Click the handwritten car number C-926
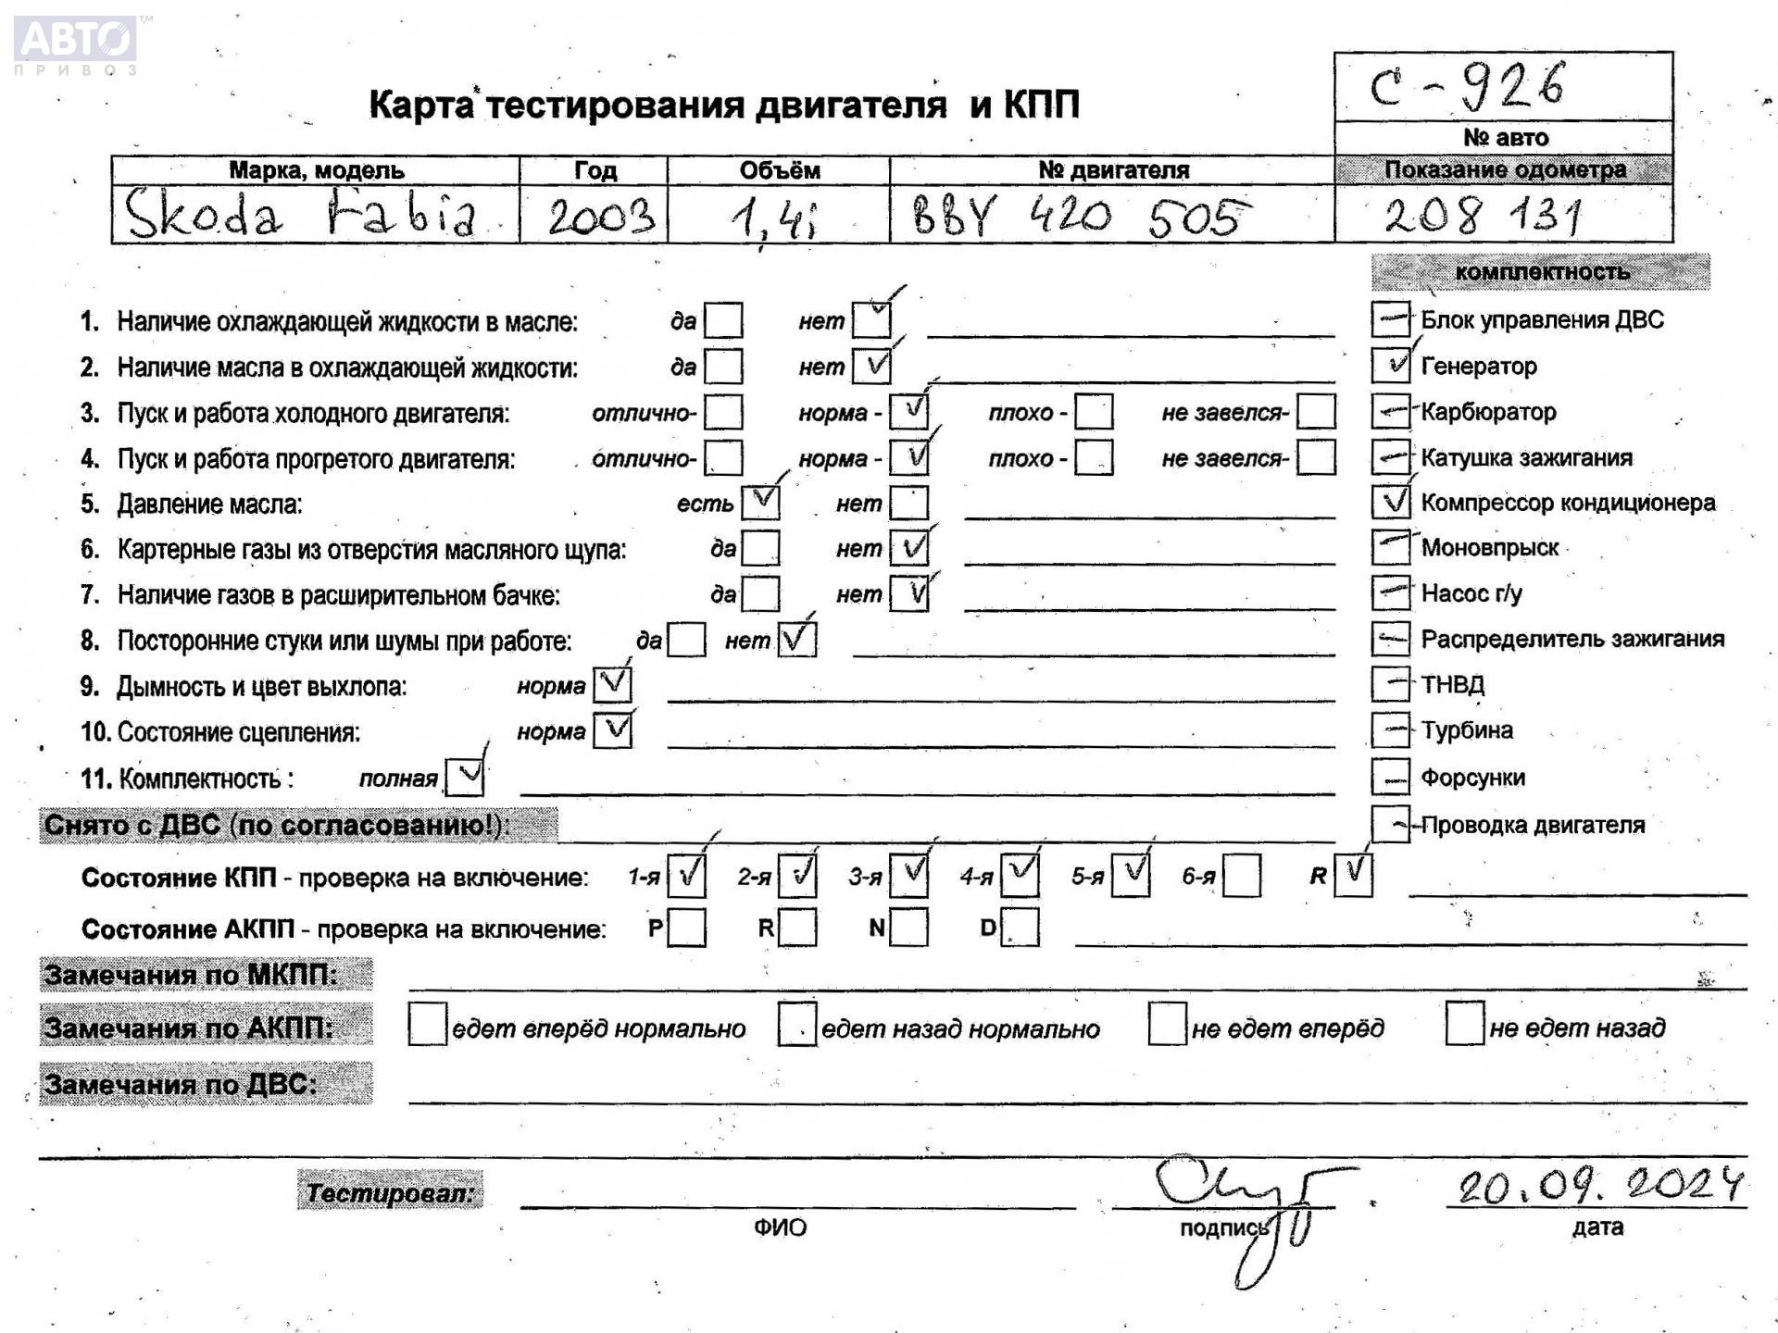1467,86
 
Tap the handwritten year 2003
600,217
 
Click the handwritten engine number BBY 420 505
1079,217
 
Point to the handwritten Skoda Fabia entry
301,215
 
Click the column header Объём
779,170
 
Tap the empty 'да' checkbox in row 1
722,321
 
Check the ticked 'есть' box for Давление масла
760,503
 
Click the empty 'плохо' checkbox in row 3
1093,412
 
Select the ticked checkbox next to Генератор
1390,366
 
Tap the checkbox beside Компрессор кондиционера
1390,502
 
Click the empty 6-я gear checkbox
1241,876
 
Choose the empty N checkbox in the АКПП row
908,928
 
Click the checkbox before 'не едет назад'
1464,1024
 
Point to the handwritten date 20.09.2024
1599,1184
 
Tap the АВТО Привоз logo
76,44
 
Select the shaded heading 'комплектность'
1541,272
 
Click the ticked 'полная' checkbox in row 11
464,777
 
